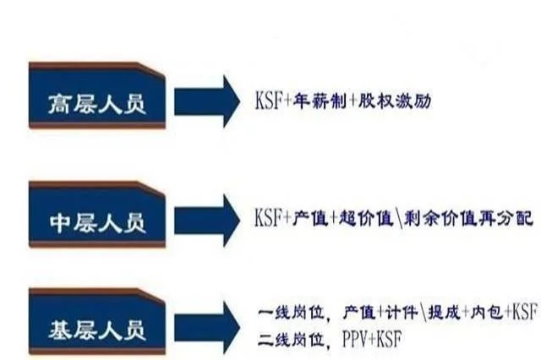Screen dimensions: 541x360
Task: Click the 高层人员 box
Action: pyautogui.click(x=97, y=95)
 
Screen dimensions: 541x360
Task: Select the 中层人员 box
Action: pyautogui.click(x=97, y=215)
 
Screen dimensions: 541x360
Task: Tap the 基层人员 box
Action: pyautogui.click(x=97, y=322)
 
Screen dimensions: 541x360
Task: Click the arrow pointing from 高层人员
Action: pyautogui.click(x=207, y=101)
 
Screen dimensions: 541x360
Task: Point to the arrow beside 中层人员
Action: pyautogui.click(x=207, y=221)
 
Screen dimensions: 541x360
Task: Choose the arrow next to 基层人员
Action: pyautogui.click(x=207, y=328)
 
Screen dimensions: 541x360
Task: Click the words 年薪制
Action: pyautogui.click(x=320, y=101)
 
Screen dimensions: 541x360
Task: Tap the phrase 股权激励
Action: pyautogui.click(x=395, y=101)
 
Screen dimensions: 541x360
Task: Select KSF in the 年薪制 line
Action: pyautogui.click(x=269, y=101)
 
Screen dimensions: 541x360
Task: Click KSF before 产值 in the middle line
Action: pyautogui.click(x=268, y=217)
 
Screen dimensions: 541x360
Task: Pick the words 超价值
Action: pyautogui.click(x=366, y=218)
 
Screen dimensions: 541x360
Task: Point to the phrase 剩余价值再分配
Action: pyautogui.click(x=468, y=218)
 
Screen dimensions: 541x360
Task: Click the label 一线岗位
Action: pyautogui.click(x=292, y=313)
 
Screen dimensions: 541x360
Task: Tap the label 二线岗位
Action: pyautogui.click(x=292, y=340)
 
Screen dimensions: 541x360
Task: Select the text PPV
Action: pyautogui.click(x=355, y=340)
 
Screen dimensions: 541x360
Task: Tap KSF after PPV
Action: pyautogui.click(x=389, y=340)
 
